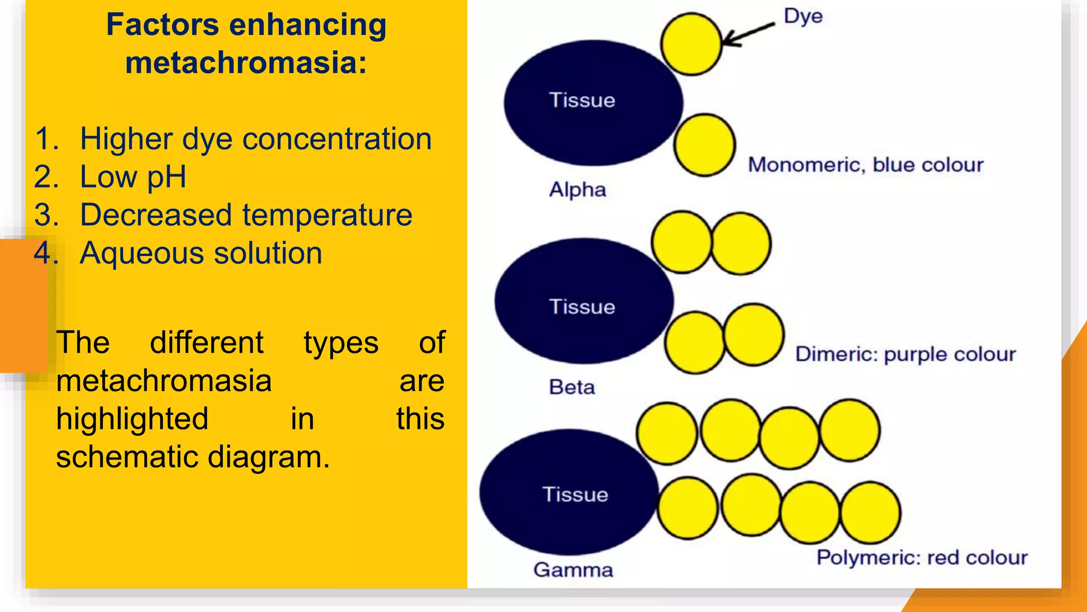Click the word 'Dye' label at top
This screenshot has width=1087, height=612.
[803, 16]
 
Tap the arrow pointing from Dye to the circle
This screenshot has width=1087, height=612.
[748, 34]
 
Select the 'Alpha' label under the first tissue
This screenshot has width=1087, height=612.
[577, 190]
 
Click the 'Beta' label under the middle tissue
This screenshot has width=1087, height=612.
[572, 387]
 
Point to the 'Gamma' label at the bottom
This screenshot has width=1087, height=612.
[573, 570]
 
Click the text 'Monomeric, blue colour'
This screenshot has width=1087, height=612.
[866, 165]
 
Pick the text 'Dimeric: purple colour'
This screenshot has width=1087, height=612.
[905, 354]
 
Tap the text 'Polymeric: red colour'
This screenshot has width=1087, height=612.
[922, 558]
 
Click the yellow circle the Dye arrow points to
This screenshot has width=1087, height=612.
[691, 45]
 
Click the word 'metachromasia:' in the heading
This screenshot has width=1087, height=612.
[246, 63]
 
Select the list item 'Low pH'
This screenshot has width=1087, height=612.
[133, 177]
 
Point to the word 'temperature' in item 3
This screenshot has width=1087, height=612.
[327, 215]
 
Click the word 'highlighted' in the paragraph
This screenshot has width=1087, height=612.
[132, 419]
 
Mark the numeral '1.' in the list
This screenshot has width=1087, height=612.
[47, 139]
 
